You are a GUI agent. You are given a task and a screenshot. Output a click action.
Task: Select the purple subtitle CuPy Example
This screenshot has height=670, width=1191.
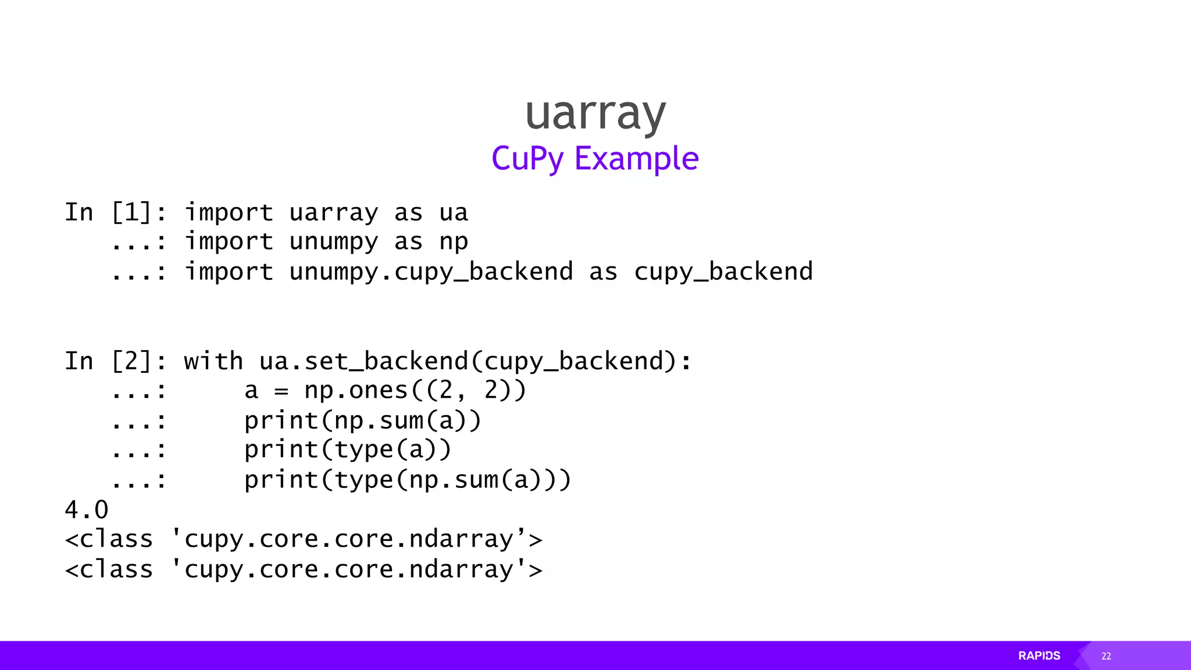click(595, 158)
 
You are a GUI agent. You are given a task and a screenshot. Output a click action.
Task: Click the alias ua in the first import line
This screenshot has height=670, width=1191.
click(454, 213)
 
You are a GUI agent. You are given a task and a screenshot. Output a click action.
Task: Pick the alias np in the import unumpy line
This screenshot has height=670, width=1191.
click(454, 242)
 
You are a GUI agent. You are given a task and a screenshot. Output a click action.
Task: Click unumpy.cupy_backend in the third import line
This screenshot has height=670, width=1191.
click(431, 272)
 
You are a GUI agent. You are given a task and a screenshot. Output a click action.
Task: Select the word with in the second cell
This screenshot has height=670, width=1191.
click(213, 361)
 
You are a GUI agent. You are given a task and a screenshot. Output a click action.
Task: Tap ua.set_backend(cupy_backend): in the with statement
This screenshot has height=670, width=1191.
click(475, 361)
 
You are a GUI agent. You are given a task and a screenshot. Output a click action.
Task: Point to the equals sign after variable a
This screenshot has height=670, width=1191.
click(281, 391)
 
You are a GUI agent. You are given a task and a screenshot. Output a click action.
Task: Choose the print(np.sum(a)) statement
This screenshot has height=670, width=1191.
click(363, 420)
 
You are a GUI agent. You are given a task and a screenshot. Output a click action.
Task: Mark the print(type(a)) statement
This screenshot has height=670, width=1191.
click(348, 450)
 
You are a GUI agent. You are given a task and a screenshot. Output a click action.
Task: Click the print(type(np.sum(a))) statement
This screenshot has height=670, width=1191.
click(408, 480)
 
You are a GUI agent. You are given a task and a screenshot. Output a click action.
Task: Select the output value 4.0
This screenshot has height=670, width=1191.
click(87, 510)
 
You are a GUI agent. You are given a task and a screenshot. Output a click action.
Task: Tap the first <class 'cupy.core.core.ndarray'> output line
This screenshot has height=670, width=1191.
click(304, 540)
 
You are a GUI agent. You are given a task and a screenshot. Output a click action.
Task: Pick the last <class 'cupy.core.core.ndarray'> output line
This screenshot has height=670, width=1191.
click(304, 569)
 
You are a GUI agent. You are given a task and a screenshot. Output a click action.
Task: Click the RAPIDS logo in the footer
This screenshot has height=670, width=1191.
click(1039, 655)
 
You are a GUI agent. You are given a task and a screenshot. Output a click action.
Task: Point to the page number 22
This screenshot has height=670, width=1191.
click(1106, 656)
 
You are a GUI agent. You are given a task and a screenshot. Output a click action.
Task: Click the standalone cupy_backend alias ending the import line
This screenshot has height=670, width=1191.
click(723, 272)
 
